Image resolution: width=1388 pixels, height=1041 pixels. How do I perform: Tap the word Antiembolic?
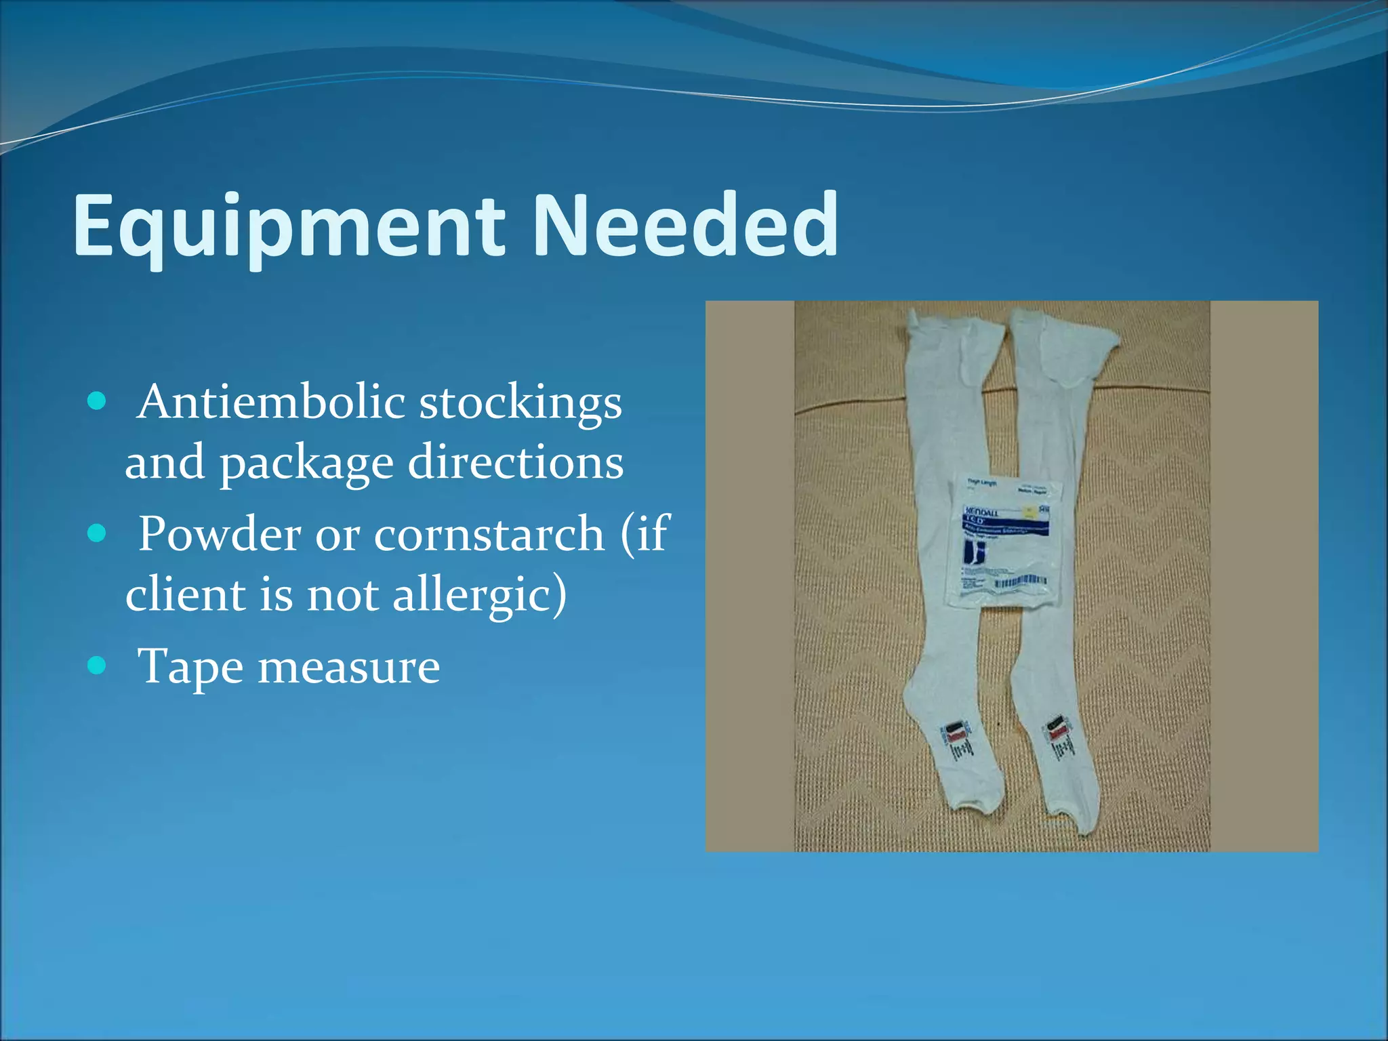[271, 403]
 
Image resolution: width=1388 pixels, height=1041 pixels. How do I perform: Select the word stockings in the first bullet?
[520, 404]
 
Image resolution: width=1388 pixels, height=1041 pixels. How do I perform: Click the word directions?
[516, 462]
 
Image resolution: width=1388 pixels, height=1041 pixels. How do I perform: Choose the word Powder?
[220, 534]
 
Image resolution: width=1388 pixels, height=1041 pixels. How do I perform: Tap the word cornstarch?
[489, 534]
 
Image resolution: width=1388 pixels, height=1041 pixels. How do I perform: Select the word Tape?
[190, 668]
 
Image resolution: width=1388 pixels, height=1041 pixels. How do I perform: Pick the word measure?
[349, 667]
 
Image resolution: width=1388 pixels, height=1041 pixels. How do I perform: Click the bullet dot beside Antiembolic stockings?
[98, 401]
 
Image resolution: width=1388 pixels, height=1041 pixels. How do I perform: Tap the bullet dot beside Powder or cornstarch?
[98, 533]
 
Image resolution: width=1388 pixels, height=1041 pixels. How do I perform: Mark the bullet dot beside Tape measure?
[98, 666]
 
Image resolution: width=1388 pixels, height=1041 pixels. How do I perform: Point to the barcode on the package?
[1020, 581]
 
